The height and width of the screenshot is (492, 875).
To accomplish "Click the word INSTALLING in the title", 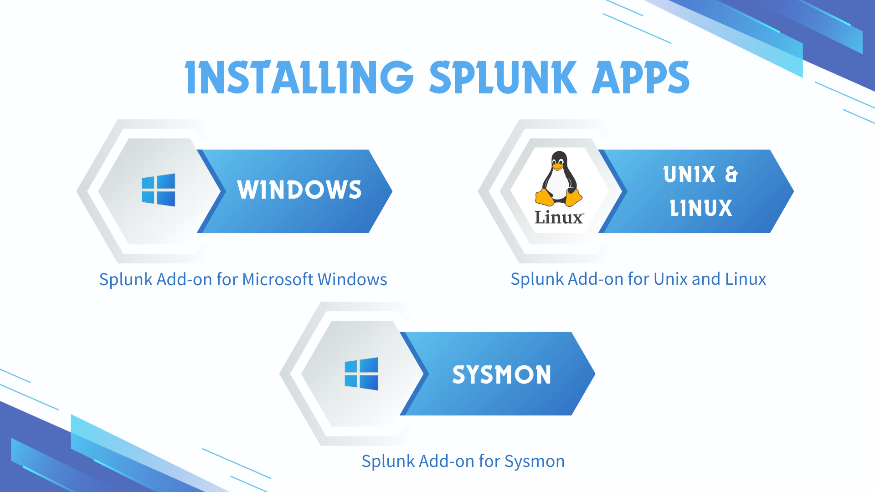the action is point(299,77).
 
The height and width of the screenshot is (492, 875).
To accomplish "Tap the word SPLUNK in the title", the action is point(503,77).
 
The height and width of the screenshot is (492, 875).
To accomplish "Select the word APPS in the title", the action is point(640,77).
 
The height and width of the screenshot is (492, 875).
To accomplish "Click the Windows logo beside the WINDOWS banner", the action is point(159,190).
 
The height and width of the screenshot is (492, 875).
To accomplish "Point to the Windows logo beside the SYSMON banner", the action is point(361,374).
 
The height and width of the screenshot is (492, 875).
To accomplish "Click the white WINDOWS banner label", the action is point(299,190).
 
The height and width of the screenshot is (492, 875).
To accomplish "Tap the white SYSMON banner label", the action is point(502,374).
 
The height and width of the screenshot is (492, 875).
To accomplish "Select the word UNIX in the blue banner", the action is point(690,174).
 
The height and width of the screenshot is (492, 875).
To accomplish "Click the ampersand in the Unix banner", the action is point(731,174).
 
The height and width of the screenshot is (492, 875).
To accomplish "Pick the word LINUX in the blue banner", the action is point(701,208).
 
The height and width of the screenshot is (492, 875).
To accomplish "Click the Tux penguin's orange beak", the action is point(558,167).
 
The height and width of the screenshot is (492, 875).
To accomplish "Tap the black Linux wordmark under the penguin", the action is point(559,217).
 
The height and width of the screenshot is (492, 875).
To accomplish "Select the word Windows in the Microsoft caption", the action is point(352,279).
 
